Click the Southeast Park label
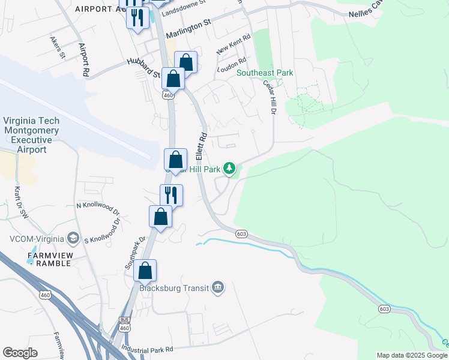tap(265, 73)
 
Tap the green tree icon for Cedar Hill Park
tap(229, 169)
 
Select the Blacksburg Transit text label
tap(174, 288)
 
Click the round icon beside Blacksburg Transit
tap(218, 288)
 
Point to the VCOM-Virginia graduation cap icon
tap(73, 239)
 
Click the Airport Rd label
tap(84, 59)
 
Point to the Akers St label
tap(58, 47)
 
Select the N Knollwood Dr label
tap(98, 208)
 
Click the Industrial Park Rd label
tap(147, 349)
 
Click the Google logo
tap(20, 352)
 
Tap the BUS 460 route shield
tap(124, 324)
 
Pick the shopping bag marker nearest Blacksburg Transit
tap(145, 271)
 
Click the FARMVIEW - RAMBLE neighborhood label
tap(50, 259)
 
